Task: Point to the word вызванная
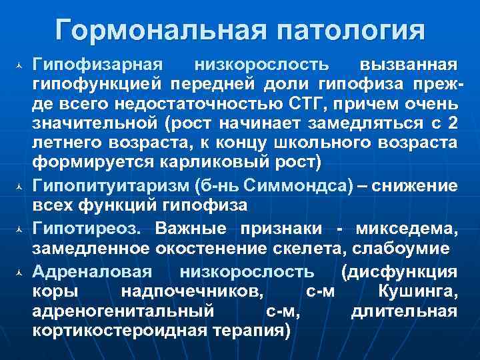[x=408, y=64]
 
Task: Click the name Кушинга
[x=417, y=291]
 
